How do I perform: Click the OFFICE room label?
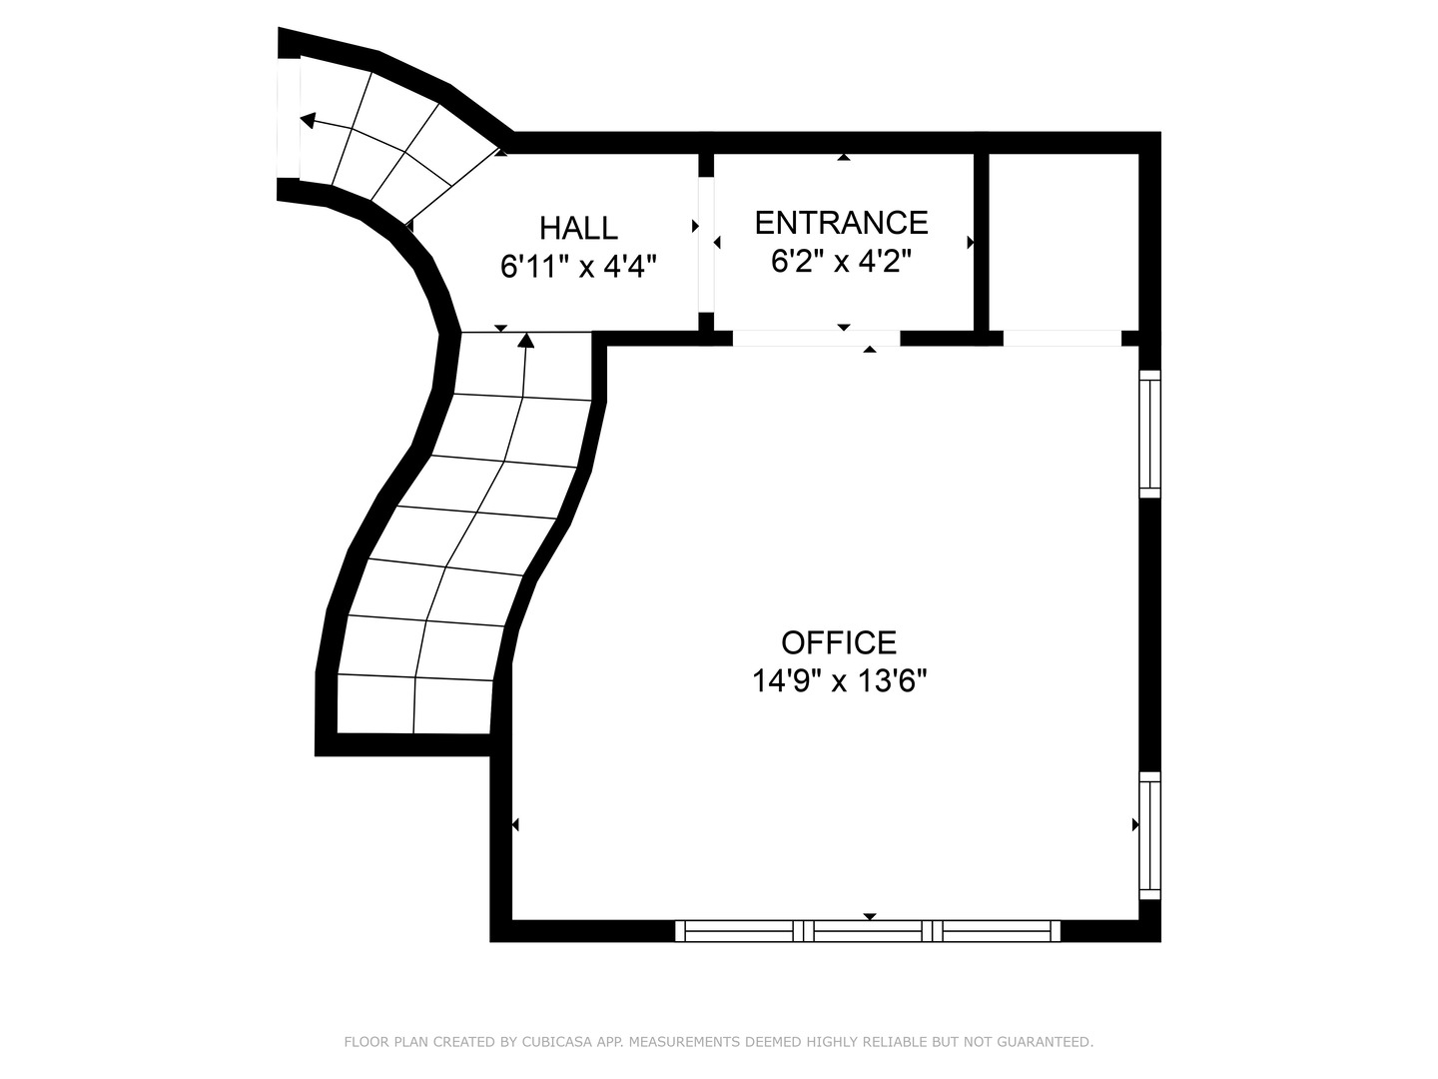tap(839, 641)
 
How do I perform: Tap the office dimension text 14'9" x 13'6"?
tap(839, 681)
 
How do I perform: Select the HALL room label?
tap(578, 228)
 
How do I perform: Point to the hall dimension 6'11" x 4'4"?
tap(578, 267)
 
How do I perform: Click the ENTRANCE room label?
tap(841, 222)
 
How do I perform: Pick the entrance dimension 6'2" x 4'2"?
tap(841, 261)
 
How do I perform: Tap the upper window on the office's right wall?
tap(1150, 434)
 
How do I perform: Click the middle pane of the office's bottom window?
tap(869, 931)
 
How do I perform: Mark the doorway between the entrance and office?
tap(816, 339)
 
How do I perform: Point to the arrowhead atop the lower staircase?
tap(526, 342)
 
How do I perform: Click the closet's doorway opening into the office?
tap(1062, 339)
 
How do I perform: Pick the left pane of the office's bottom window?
tap(739, 931)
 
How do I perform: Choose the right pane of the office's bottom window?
tap(999, 931)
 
